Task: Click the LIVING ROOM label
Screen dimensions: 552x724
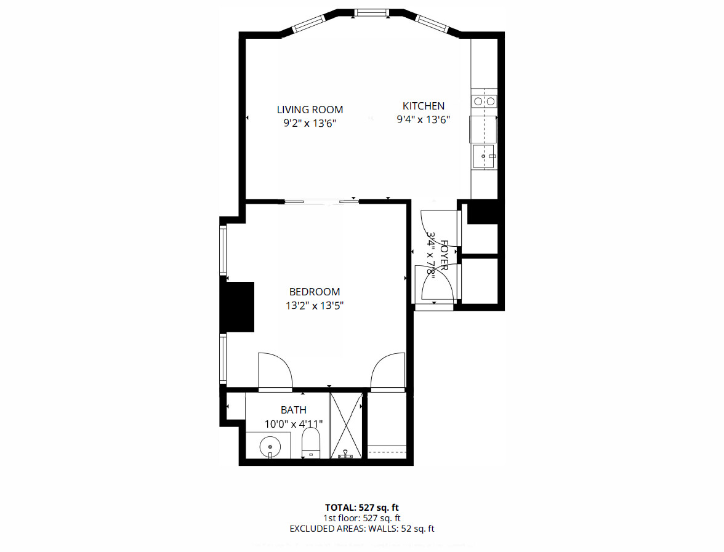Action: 310,110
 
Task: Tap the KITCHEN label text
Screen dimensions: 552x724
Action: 423,106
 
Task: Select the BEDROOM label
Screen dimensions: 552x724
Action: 315,292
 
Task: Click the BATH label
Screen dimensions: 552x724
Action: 293,410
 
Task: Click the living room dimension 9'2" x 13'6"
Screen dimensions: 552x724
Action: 310,123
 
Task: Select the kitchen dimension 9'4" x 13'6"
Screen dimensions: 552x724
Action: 423,120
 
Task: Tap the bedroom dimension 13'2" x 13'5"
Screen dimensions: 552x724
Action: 315,305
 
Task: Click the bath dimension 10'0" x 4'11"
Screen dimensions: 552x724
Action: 293,424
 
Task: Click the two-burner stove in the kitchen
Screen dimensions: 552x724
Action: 484,102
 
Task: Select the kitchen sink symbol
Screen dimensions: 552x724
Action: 485,156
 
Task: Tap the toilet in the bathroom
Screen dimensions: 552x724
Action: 311,444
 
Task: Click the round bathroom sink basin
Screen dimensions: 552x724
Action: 268,445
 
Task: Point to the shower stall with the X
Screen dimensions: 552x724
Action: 346,425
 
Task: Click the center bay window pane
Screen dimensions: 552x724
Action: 371,12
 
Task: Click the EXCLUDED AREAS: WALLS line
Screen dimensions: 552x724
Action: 362,529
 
